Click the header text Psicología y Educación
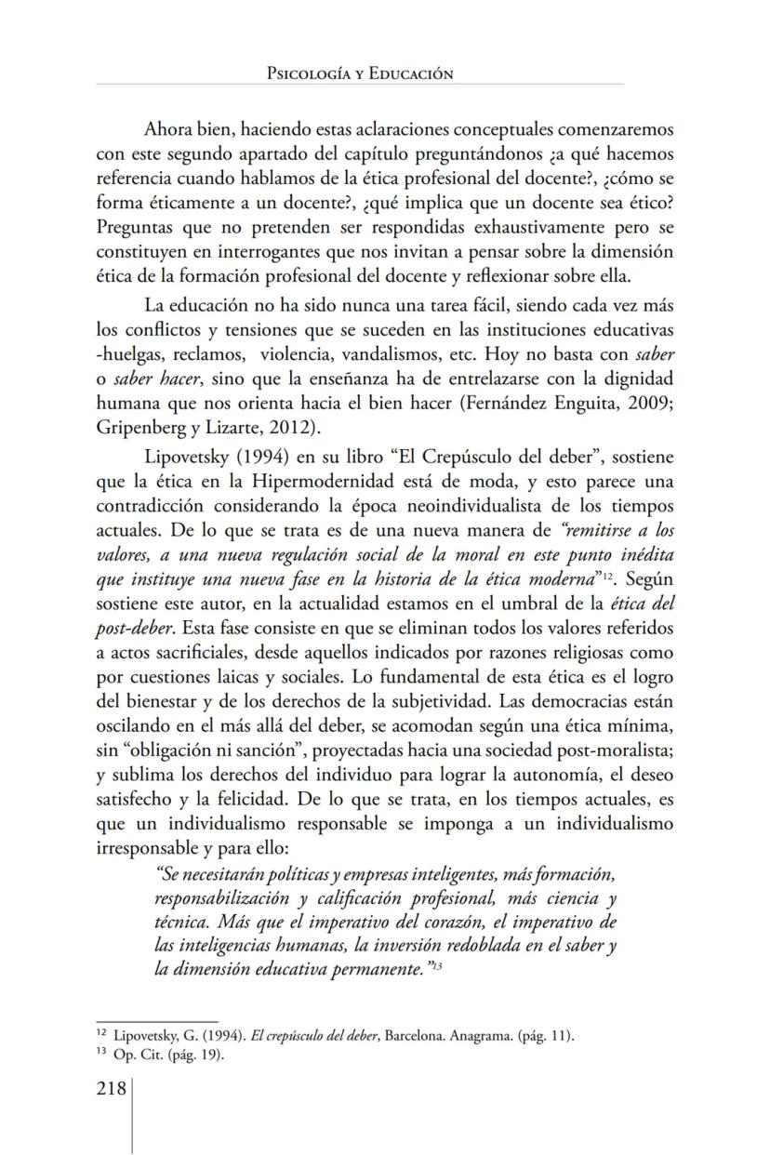pyautogui.click(x=359, y=73)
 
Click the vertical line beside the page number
pyautogui.click(x=132, y=1116)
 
